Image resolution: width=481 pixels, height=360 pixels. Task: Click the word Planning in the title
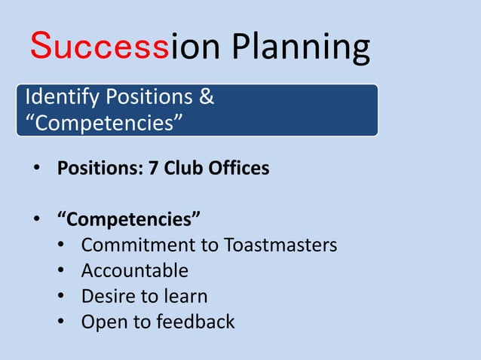tap(301, 48)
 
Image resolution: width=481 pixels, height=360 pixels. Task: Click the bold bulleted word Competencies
tap(130, 220)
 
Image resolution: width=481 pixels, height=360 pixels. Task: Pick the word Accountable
tap(134, 270)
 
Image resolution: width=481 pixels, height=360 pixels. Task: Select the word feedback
tap(195, 322)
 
